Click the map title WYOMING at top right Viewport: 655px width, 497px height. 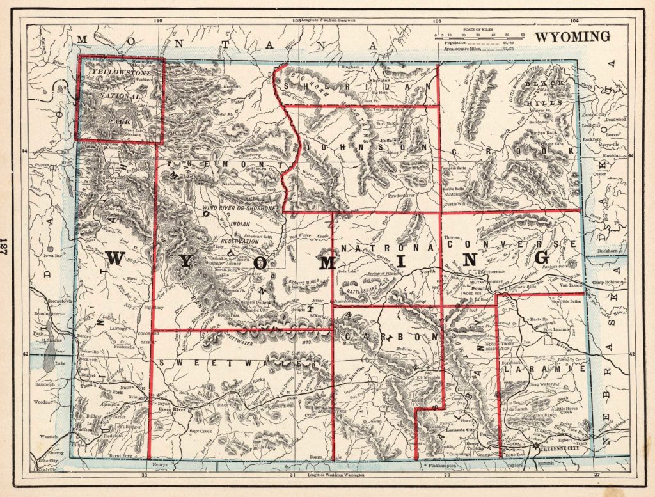[572, 36]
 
